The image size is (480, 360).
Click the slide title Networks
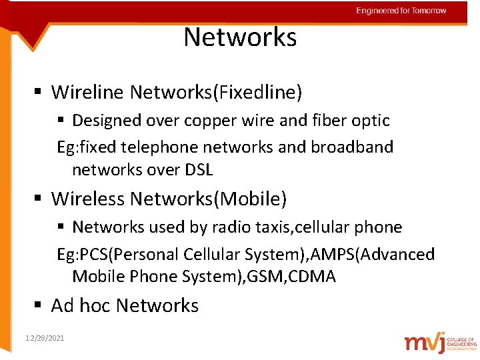240,37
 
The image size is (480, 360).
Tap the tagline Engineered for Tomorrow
401,11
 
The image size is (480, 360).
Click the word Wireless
88,199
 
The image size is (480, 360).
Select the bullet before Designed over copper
61,121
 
